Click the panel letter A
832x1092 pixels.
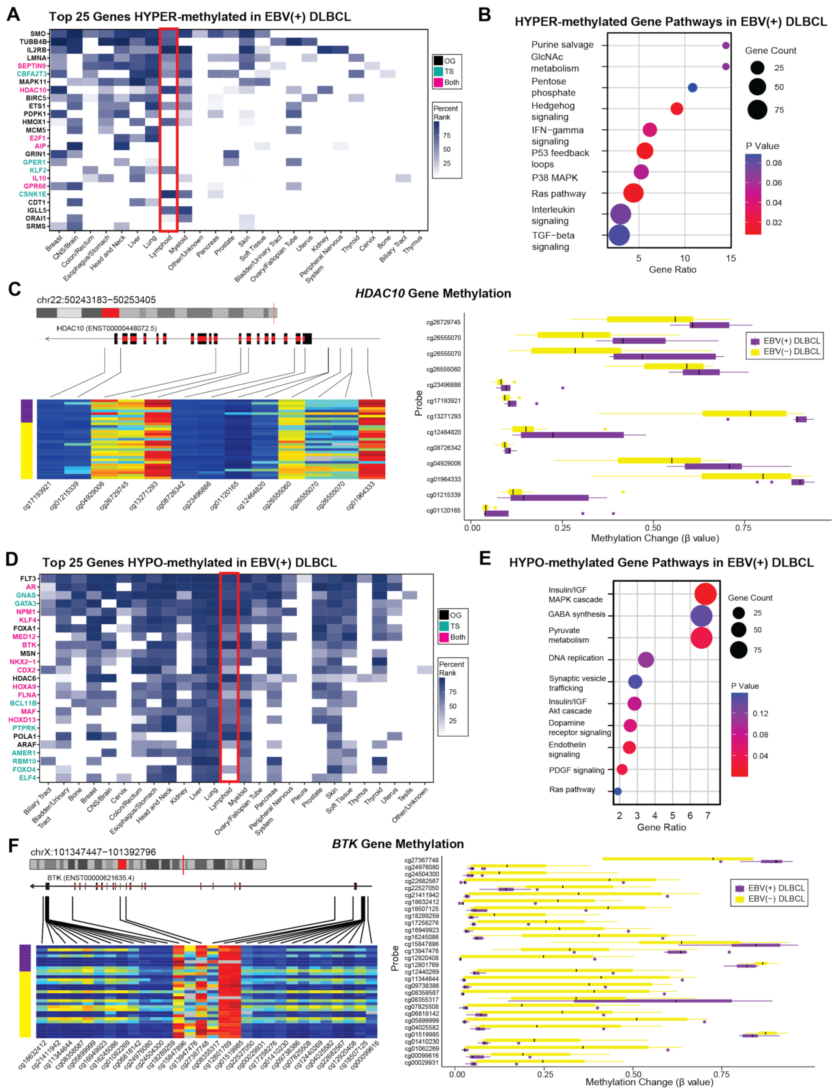[x=13, y=15]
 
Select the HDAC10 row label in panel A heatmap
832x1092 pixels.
[x=33, y=90]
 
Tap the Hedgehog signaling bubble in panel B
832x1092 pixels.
[x=677, y=109]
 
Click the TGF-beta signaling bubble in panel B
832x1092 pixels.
[x=618, y=235]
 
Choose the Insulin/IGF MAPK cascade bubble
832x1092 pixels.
[x=705, y=594]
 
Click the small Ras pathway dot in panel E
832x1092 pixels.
[x=618, y=791]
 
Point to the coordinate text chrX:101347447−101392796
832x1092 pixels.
[x=93, y=852]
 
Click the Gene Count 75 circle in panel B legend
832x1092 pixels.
[x=757, y=110]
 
